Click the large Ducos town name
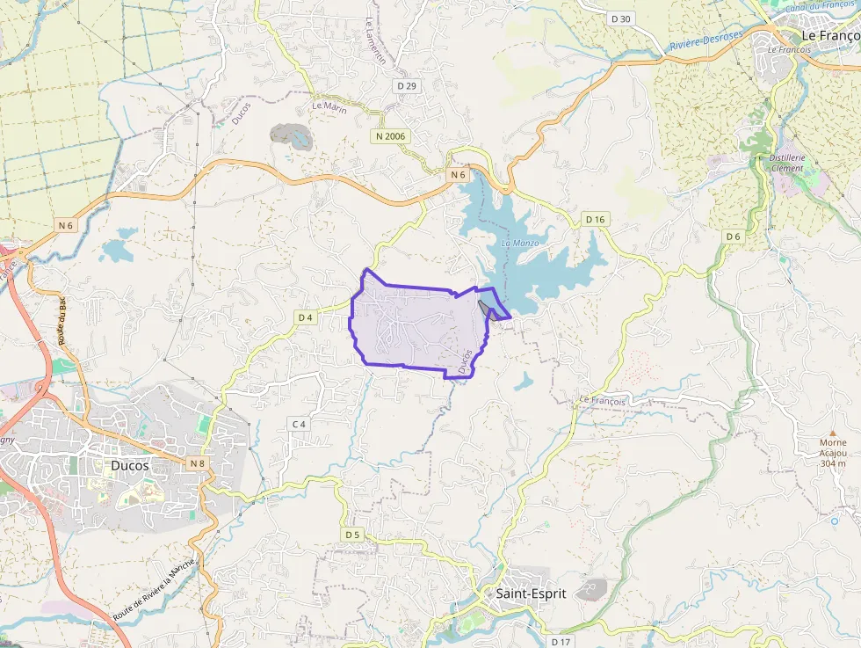(130, 465)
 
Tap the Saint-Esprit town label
(530, 593)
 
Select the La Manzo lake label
(519, 242)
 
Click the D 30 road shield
(620, 18)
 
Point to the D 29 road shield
(406, 85)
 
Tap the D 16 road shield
(595, 219)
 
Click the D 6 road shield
(734, 237)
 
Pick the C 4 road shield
(299, 424)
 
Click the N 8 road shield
(196, 462)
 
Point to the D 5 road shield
(352, 534)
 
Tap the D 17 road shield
(561, 642)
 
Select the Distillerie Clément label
(787, 163)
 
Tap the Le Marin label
(329, 107)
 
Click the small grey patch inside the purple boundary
(486, 306)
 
